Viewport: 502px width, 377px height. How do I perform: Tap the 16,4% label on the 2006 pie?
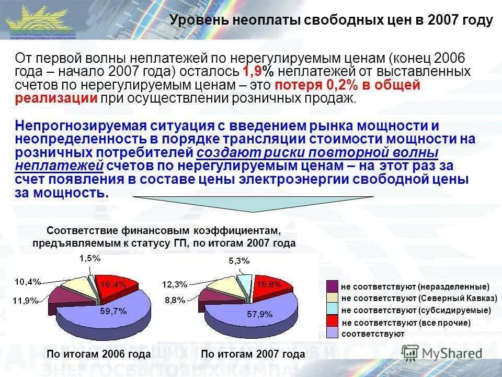(x=113, y=284)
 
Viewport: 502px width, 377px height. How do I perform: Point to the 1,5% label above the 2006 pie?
(x=90, y=258)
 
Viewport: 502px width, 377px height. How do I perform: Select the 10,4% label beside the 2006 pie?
(x=28, y=282)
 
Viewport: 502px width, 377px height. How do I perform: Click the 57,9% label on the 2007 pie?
(x=260, y=314)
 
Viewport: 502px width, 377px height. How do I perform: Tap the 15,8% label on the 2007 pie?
(x=269, y=284)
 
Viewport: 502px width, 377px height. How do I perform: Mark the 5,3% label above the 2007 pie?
(x=239, y=261)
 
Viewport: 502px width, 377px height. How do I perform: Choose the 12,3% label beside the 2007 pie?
(x=175, y=284)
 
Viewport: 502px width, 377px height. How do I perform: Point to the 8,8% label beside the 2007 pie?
(x=175, y=300)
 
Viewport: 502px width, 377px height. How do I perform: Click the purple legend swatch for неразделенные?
(x=333, y=286)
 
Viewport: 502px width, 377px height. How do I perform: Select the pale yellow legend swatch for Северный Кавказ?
(x=333, y=298)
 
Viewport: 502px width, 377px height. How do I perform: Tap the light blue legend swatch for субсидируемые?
(x=333, y=309)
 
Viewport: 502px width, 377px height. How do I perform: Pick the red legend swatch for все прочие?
(x=333, y=321)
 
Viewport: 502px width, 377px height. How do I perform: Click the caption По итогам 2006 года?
(x=99, y=354)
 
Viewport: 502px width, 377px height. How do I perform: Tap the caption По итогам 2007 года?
(x=253, y=354)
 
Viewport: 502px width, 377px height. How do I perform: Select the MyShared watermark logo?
(x=442, y=352)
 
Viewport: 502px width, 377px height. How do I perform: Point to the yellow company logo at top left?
(x=40, y=20)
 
